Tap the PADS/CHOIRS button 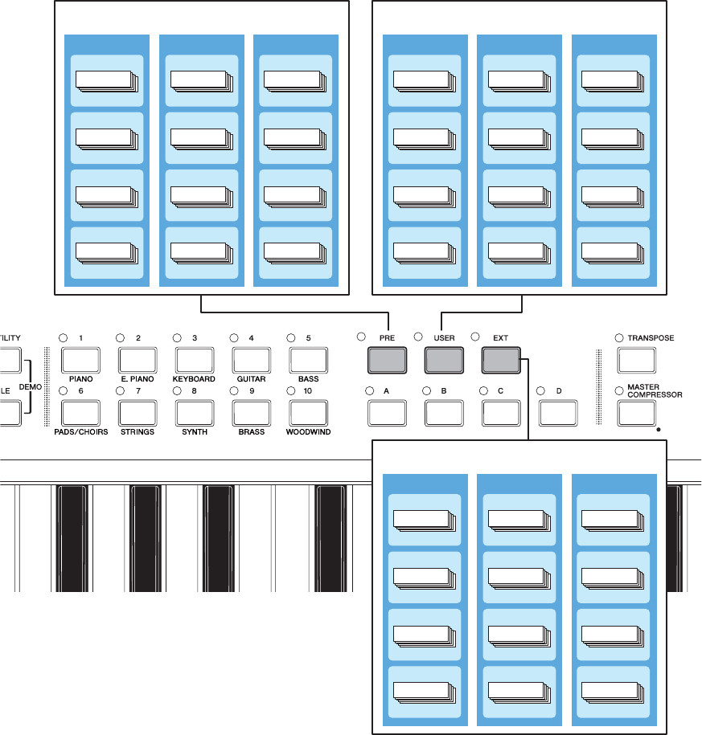coord(81,413)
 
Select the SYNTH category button coord(195,413)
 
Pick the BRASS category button coord(252,413)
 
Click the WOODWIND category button coord(309,413)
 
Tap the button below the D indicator coord(559,413)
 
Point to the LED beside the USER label coord(419,337)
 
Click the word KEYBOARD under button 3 coord(194,379)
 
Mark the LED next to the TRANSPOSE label coord(619,338)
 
